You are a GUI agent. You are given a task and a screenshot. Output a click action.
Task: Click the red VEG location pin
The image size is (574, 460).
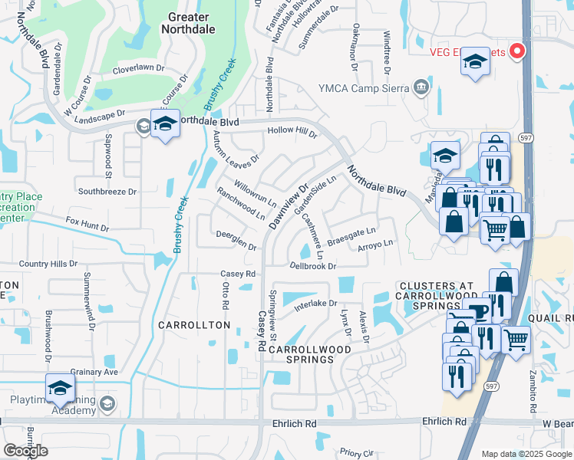[x=517, y=51]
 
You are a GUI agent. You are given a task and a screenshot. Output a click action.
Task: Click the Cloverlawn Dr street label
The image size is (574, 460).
[x=139, y=68]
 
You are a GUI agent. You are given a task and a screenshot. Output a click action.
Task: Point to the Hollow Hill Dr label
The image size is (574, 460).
[x=292, y=132]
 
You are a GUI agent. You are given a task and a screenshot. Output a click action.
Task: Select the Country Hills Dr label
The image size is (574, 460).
[x=48, y=264]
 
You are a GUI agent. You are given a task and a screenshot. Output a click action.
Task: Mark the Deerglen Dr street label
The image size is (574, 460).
[x=236, y=240]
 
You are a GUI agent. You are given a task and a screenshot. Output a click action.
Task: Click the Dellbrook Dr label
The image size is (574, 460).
[x=313, y=267]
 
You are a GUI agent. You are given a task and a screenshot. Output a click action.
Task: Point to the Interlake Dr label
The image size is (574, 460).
[x=315, y=305]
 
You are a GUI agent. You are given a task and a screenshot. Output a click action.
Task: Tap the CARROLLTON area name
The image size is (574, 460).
[x=194, y=325]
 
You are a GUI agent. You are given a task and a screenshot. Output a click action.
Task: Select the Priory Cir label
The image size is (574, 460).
[x=355, y=453]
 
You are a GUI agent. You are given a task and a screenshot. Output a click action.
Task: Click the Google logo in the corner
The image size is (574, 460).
[x=25, y=451]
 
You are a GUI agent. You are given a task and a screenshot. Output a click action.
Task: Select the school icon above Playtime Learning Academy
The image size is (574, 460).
[x=60, y=388]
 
